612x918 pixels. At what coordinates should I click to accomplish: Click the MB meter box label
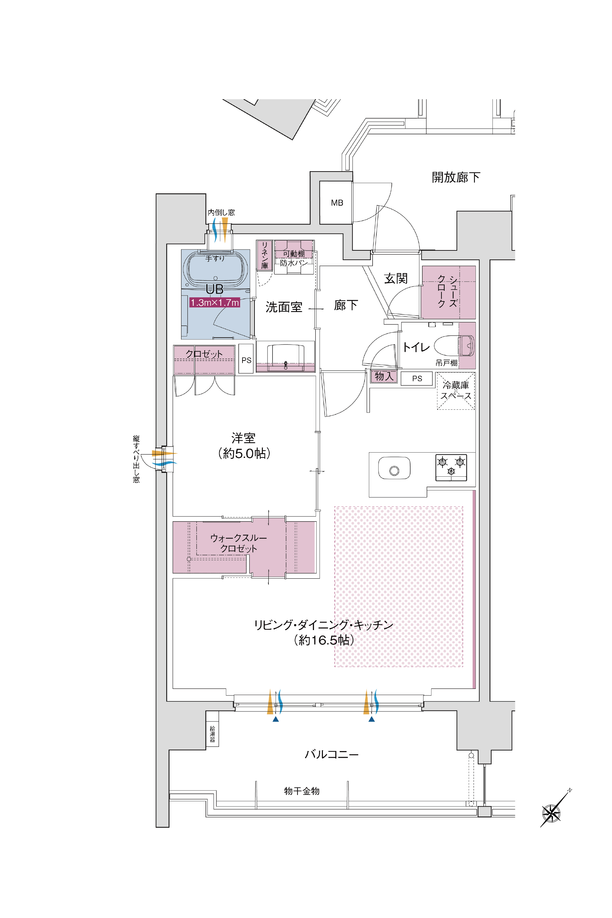337,203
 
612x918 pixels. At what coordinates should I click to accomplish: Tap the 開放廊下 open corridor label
456,177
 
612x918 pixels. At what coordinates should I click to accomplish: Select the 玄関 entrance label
396,279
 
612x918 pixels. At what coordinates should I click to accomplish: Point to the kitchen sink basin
394,468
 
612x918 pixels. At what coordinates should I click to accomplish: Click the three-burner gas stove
451,467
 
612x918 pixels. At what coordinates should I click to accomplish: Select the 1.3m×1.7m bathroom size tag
215,303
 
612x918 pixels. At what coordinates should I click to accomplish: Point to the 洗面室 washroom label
284,307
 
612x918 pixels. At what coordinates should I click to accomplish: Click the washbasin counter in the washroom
285,356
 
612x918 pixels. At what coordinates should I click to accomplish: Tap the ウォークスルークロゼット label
238,543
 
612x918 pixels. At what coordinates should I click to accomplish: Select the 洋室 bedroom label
243,438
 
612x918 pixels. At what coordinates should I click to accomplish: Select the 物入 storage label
384,377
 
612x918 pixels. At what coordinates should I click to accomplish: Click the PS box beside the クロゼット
246,358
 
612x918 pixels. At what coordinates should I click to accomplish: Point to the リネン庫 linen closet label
264,255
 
